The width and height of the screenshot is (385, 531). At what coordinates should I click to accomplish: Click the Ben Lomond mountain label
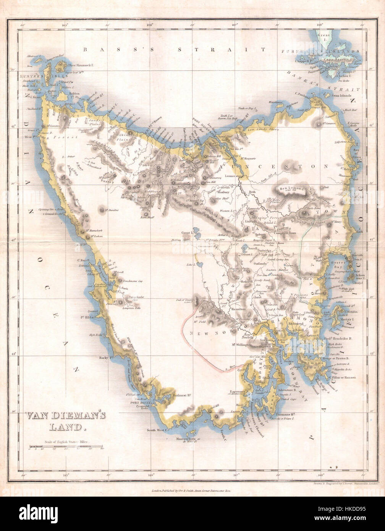[291, 188]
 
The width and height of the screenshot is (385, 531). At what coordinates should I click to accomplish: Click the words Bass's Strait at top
[174, 49]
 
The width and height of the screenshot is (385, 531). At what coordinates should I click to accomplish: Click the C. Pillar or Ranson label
[341, 377]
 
